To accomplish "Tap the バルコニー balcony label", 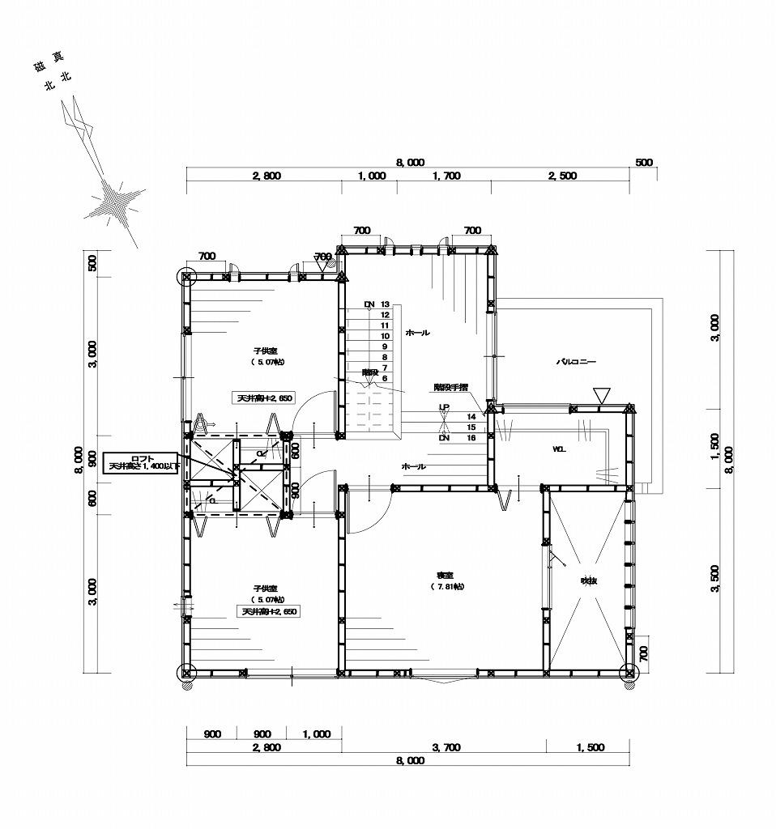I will tap(575, 363).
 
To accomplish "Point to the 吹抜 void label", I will tap(588, 580).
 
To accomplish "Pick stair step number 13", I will tap(386, 304).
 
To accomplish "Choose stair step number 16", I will tap(471, 437).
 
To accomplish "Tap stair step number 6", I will tap(386, 378).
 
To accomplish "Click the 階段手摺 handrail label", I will tap(450, 388).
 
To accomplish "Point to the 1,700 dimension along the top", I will tap(446, 176).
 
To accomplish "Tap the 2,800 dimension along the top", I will tap(266, 176).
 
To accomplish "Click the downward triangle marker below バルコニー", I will tap(599, 395).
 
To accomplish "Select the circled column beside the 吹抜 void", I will tap(629, 671).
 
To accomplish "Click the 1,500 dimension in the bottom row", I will tap(591, 748).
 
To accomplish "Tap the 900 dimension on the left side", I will tap(92, 460).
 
